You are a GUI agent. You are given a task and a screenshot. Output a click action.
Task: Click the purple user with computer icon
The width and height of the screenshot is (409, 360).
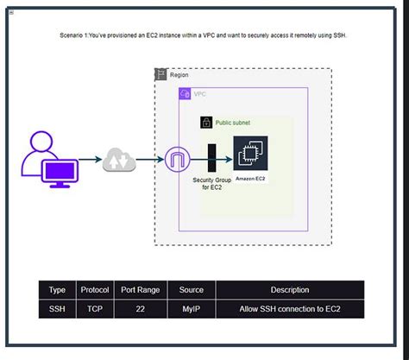coord(50,159)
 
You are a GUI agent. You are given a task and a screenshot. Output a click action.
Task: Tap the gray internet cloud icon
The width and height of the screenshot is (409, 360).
coord(119,160)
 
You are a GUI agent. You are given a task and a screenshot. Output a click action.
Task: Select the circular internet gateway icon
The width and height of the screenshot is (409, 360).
coord(179,160)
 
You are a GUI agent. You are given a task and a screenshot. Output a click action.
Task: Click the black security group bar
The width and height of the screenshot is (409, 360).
coord(211,159)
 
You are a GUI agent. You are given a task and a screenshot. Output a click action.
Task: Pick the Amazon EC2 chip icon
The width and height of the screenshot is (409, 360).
coord(250,155)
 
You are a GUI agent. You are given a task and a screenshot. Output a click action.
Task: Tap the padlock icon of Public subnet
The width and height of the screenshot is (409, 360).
coord(206,123)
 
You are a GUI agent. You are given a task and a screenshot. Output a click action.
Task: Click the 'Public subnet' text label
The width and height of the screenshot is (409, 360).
coord(234,123)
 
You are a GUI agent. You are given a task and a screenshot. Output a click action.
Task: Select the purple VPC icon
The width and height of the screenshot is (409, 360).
coord(185,93)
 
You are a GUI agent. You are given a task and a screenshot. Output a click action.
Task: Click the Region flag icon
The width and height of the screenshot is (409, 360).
coord(160,74)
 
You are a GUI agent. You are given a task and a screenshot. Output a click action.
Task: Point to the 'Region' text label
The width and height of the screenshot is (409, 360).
coord(179,75)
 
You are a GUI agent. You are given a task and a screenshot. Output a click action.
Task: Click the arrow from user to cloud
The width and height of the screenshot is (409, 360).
coord(91,160)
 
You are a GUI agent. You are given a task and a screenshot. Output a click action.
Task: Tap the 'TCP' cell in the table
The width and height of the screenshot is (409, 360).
coord(94,308)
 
